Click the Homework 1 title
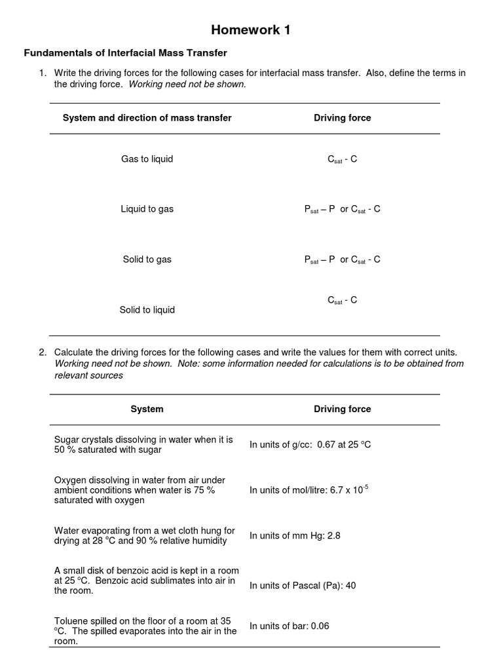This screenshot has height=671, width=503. (251, 30)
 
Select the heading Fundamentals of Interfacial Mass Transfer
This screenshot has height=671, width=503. (125, 52)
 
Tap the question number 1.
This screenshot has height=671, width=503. (42, 73)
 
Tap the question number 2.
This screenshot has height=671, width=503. (42, 353)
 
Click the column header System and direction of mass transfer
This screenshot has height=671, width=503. (147, 118)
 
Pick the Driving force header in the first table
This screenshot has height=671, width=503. (342, 118)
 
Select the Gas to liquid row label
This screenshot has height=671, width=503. (147, 159)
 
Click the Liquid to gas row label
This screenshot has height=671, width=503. (147, 210)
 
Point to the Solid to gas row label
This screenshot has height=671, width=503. (147, 259)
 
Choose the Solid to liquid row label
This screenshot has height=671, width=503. (147, 310)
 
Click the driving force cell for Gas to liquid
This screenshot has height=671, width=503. (342, 159)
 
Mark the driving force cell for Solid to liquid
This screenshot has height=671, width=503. (342, 301)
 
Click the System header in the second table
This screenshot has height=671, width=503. (147, 409)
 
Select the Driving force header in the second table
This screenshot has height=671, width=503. (342, 409)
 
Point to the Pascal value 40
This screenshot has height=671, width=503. (350, 585)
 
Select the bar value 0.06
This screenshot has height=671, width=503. (320, 626)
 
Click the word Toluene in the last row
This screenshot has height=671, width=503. (70, 620)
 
